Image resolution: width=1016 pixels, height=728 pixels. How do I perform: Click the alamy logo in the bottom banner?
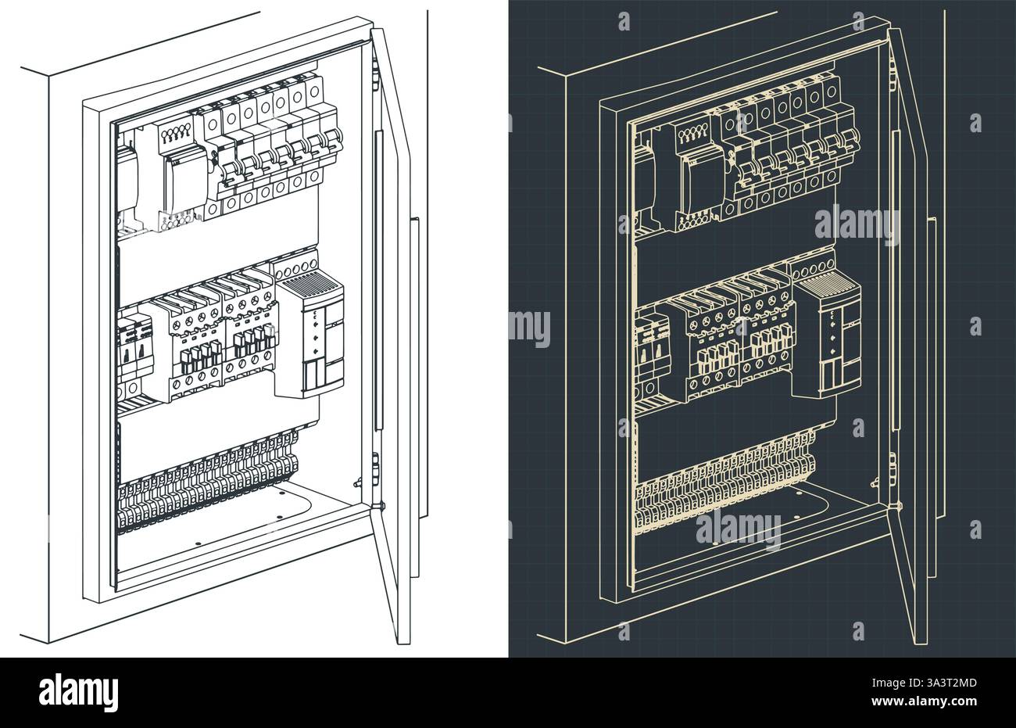78,692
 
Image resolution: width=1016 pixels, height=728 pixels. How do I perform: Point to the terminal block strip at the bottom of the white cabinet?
207,489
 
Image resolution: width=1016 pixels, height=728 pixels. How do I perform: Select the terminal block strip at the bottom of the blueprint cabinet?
724,489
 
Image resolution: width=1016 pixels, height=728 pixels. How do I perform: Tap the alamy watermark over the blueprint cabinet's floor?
738,531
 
